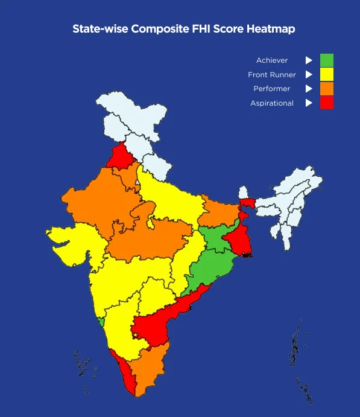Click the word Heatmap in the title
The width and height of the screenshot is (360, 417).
[271, 29]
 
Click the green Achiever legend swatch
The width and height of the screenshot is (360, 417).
[326, 60]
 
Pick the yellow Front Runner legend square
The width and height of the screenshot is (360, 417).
[326, 75]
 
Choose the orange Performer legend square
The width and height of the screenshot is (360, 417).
[326, 89]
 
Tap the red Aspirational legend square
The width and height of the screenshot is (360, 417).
[326, 103]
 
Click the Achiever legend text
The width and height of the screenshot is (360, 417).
[272, 60]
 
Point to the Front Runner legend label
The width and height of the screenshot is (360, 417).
[272, 75]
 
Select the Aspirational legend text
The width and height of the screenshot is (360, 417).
[272, 103]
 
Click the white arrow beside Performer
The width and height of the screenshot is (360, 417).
[309, 89]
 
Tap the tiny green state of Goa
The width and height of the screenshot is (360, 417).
[101, 323]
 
